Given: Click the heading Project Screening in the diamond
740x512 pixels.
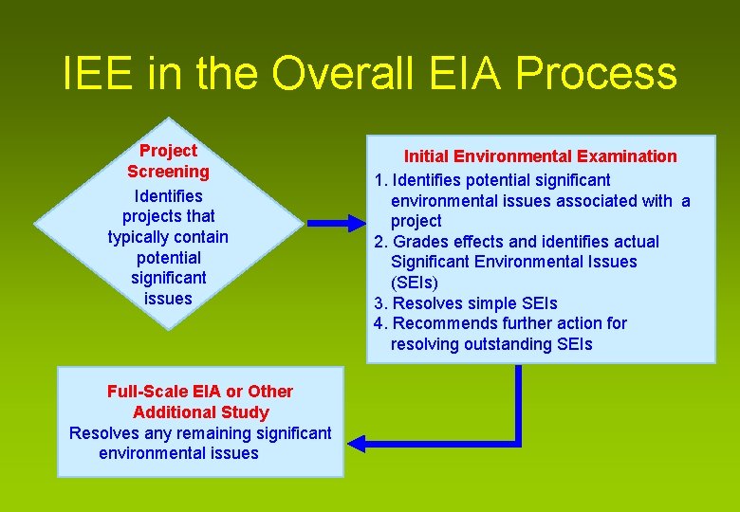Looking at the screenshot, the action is point(168,161).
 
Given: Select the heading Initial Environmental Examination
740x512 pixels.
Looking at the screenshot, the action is point(541,156).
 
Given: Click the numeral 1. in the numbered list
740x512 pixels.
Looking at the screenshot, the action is point(381,180).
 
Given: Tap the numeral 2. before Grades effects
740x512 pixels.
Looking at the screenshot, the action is point(381,242).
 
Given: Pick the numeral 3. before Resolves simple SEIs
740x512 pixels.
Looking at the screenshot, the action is point(381,303).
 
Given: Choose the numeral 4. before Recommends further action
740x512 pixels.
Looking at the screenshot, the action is point(381,323).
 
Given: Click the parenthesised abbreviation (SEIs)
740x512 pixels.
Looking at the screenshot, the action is point(415,283).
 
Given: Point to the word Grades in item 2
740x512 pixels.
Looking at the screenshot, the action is point(416,242).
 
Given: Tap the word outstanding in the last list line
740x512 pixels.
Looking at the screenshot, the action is point(507,344).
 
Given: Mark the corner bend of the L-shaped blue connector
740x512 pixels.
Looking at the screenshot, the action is point(518,442).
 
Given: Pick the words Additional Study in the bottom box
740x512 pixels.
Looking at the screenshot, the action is point(201,412).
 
